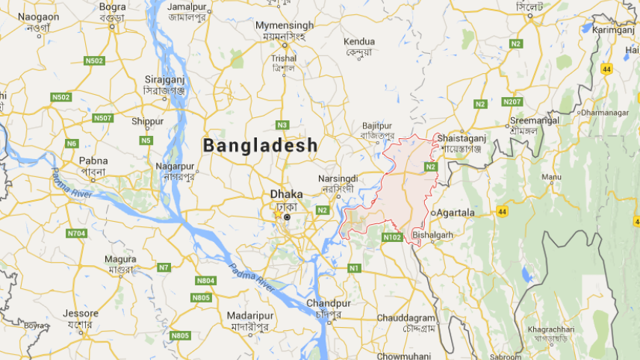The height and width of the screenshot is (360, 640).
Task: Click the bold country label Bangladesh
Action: coord(261,145)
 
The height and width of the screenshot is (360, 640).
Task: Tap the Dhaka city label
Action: coord(286,193)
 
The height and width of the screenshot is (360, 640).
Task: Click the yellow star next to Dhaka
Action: coord(278,214)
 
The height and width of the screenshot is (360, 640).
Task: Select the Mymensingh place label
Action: coord(285,25)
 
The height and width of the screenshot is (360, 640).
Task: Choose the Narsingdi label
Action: coord(338,179)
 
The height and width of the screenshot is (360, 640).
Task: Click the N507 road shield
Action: coord(103,118)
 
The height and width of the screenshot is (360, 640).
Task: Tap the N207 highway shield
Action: coord(512,102)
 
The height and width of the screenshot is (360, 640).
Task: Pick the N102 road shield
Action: coord(393,238)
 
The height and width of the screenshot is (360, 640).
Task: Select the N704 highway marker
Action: coord(76,234)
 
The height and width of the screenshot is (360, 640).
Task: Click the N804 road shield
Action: coord(205,281)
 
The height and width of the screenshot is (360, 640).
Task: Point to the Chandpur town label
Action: coord(328,304)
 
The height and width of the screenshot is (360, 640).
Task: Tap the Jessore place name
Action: coord(81,314)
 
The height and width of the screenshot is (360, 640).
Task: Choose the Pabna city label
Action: coord(93,161)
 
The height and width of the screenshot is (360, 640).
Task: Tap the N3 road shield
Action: coord(282,125)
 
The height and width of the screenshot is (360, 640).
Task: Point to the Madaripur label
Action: coord(251,316)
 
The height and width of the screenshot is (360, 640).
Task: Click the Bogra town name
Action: coord(112,6)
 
